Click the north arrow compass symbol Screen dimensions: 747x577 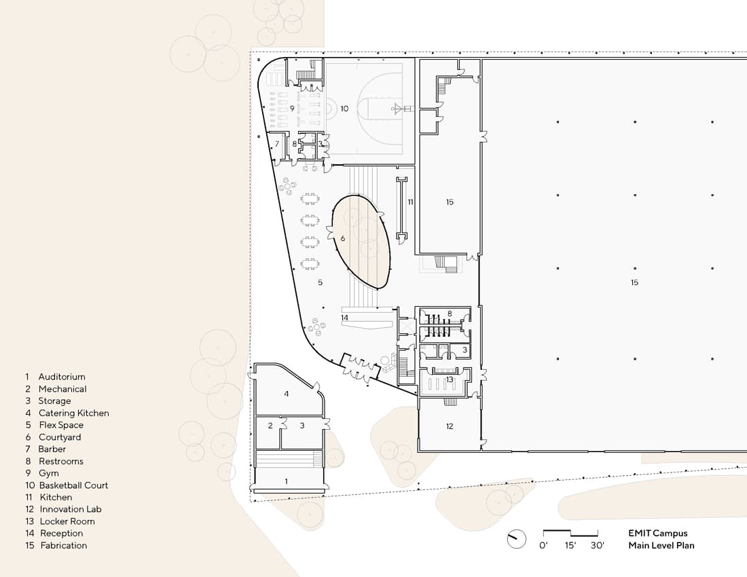(x=516, y=539)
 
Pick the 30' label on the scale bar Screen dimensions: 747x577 (x=598, y=546)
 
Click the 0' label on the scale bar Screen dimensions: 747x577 (x=543, y=546)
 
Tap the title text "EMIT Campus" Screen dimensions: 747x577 (x=658, y=533)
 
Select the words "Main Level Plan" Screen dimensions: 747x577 (x=661, y=546)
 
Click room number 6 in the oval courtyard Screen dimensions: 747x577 (x=342, y=238)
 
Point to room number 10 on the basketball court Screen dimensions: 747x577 (x=344, y=109)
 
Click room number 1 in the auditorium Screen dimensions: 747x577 (x=287, y=481)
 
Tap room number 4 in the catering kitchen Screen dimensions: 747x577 (x=287, y=394)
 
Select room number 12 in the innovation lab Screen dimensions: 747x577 (x=450, y=426)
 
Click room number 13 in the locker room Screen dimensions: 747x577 (x=450, y=379)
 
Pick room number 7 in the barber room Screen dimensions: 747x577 (x=277, y=144)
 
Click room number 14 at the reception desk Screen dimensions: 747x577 (x=344, y=318)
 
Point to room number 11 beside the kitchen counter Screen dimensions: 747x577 (x=411, y=202)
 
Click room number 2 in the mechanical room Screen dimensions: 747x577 (x=270, y=426)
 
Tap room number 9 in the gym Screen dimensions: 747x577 (x=292, y=109)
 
